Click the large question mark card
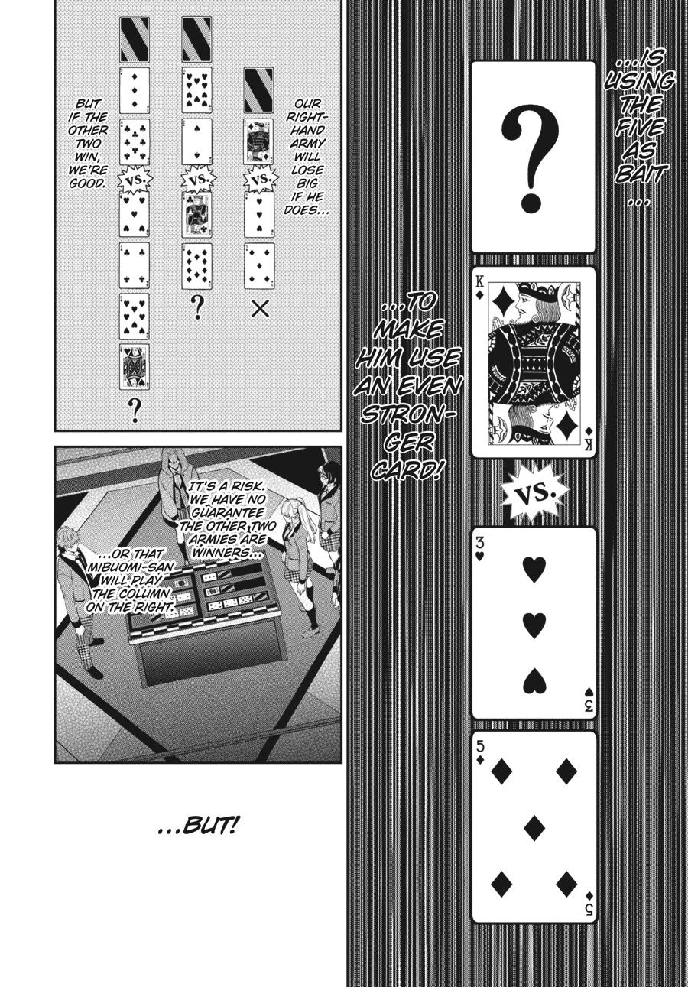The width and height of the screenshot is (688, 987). (533, 157)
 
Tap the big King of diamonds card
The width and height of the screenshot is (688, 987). (533, 362)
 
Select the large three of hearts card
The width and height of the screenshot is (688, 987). (533, 622)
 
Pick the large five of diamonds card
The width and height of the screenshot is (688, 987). (533, 826)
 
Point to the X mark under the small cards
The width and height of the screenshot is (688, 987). (260, 309)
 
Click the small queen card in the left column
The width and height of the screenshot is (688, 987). (134, 365)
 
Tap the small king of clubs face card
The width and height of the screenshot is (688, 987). (196, 214)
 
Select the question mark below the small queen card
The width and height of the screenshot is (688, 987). (135, 410)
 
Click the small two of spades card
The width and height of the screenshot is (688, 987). (196, 141)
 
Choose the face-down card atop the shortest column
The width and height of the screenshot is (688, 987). (259, 90)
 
